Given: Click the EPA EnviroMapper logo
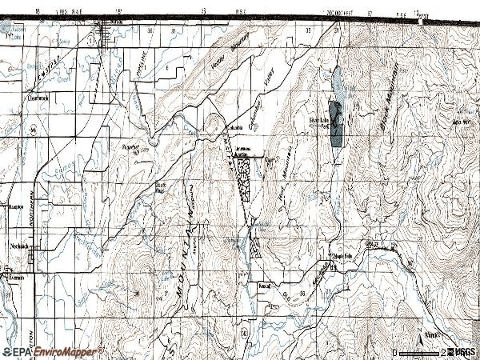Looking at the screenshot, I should coord(52,351).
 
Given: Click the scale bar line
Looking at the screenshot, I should coord(418,352).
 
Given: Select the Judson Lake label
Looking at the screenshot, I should coord(13,34).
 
